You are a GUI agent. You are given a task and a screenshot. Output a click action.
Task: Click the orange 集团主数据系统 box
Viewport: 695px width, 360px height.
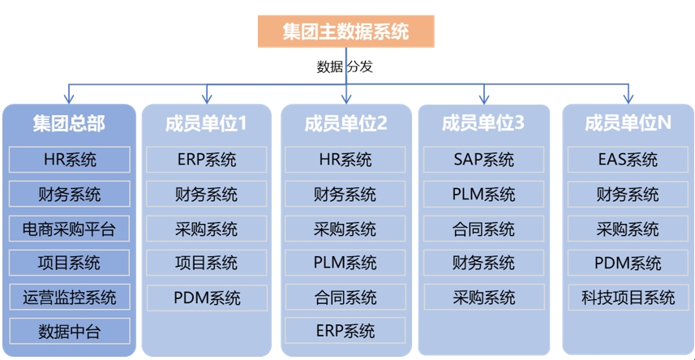click(x=346, y=32)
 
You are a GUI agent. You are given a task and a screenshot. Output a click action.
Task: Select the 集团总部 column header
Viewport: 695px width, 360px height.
click(x=69, y=123)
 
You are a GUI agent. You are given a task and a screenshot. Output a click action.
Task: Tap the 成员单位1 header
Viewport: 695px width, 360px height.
click(x=206, y=123)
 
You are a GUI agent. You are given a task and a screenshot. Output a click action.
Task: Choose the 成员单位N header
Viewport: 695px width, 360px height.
click(x=628, y=123)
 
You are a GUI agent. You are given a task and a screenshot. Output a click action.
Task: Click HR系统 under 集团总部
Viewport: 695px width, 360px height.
click(x=69, y=160)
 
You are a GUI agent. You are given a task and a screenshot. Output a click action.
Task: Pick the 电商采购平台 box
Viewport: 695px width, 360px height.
click(x=69, y=229)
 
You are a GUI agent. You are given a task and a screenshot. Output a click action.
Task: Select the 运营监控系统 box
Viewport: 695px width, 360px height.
click(x=69, y=297)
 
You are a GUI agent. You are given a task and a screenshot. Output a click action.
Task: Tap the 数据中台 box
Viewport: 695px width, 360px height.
click(x=69, y=331)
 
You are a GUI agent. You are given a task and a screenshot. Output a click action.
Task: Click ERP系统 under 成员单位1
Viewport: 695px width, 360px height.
click(x=206, y=160)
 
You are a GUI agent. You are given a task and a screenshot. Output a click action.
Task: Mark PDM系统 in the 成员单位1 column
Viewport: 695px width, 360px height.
click(x=206, y=297)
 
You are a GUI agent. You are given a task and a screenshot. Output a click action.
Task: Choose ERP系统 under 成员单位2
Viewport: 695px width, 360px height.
click(x=345, y=331)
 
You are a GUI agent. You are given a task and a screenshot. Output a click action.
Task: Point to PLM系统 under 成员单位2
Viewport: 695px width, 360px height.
click(x=345, y=263)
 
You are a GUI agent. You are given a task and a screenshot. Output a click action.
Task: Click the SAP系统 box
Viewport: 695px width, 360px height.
click(x=483, y=160)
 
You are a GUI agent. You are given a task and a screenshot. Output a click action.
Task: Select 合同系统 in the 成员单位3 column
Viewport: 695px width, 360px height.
click(x=483, y=229)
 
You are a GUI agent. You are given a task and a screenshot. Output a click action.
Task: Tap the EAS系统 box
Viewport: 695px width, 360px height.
click(x=628, y=160)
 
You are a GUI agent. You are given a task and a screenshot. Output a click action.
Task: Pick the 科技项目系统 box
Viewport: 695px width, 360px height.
click(x=628, y=297)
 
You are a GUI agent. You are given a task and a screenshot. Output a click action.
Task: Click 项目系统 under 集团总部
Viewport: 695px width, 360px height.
click(x=69, y=263)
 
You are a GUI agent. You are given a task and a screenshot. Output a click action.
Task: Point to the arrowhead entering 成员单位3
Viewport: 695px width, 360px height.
click(x=484, y=99)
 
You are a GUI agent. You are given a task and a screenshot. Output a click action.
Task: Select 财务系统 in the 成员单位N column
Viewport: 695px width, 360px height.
click(x=628, y=195)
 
